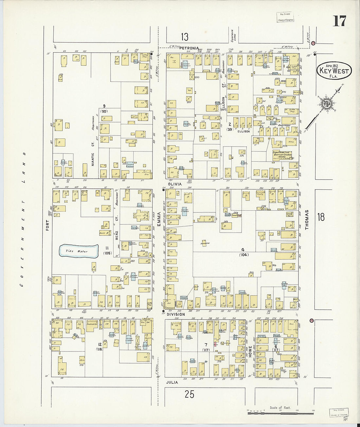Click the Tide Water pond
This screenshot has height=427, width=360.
tap(78, 251)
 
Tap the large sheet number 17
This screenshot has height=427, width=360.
tap(339, 21)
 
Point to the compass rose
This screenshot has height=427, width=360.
tap(327, 104)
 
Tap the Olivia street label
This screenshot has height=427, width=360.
tap(175, 184)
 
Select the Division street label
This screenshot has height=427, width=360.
tap(176, 314)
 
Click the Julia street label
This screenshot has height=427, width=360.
tap(172, 382)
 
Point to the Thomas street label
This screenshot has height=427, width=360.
tap(307, 219)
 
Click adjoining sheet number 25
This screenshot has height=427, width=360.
tap(189, 394)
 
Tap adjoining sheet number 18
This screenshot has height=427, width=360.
tap(321, 217)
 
